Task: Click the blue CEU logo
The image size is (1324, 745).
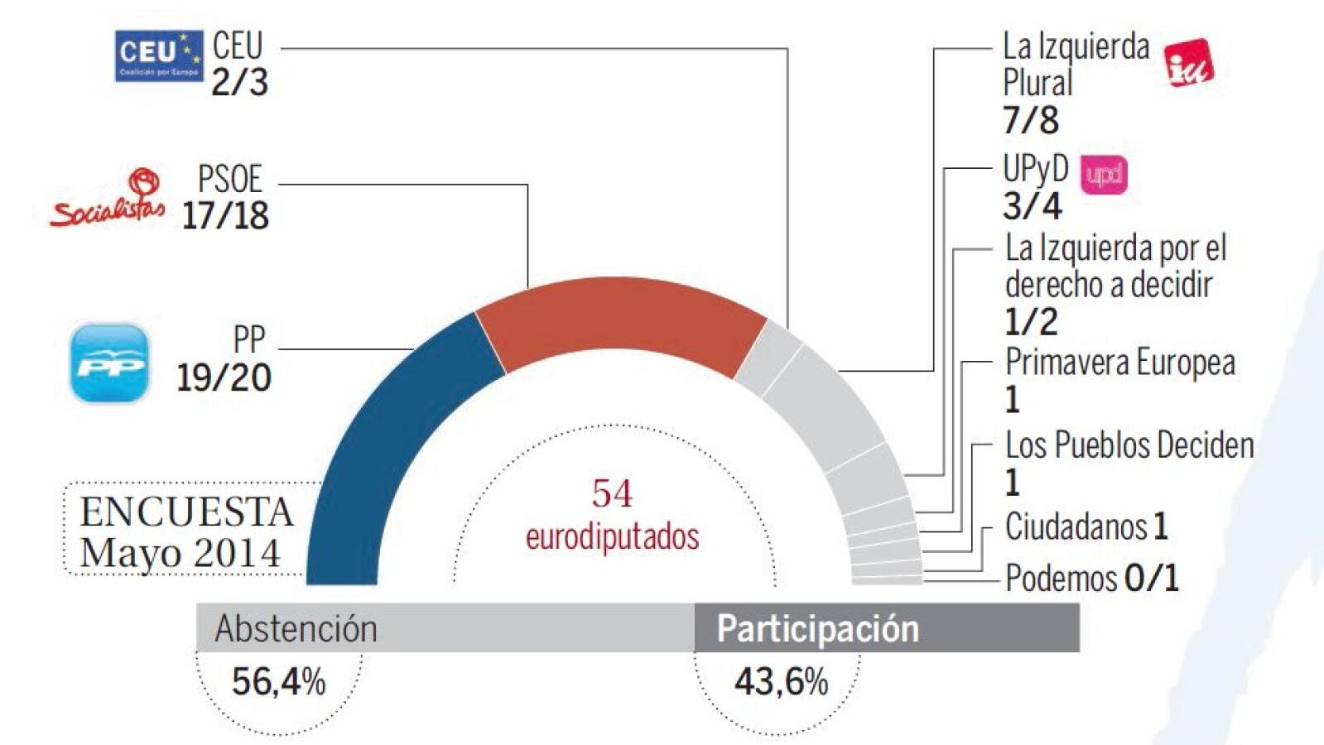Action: coord(158,56)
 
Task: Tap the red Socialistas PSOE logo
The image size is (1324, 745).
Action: coord(108,199)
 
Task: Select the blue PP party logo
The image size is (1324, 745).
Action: coord(109,363)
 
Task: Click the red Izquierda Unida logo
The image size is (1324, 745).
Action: coord(1188,63)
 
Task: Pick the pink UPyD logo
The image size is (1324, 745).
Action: coord(1104,175)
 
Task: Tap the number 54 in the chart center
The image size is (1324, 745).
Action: coord(612,494)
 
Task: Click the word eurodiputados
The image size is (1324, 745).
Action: coord(612,537)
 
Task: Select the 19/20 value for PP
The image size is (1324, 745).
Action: coord(224,378)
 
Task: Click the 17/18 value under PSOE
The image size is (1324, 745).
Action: coord(225,216)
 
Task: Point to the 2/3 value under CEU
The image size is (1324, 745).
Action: coord(239,83)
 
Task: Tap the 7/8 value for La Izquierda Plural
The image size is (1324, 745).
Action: coord(1030,121)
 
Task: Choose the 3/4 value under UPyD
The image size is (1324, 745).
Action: coord(1032,206)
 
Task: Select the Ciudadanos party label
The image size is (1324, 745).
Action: coord(1076,526)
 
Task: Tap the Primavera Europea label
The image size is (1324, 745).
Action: coord(1119,363)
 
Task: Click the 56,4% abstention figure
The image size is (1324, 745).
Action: coord(278,682)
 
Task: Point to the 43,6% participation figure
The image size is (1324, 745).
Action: coord(781,682)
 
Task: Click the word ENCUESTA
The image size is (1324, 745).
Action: coord(186,512)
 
